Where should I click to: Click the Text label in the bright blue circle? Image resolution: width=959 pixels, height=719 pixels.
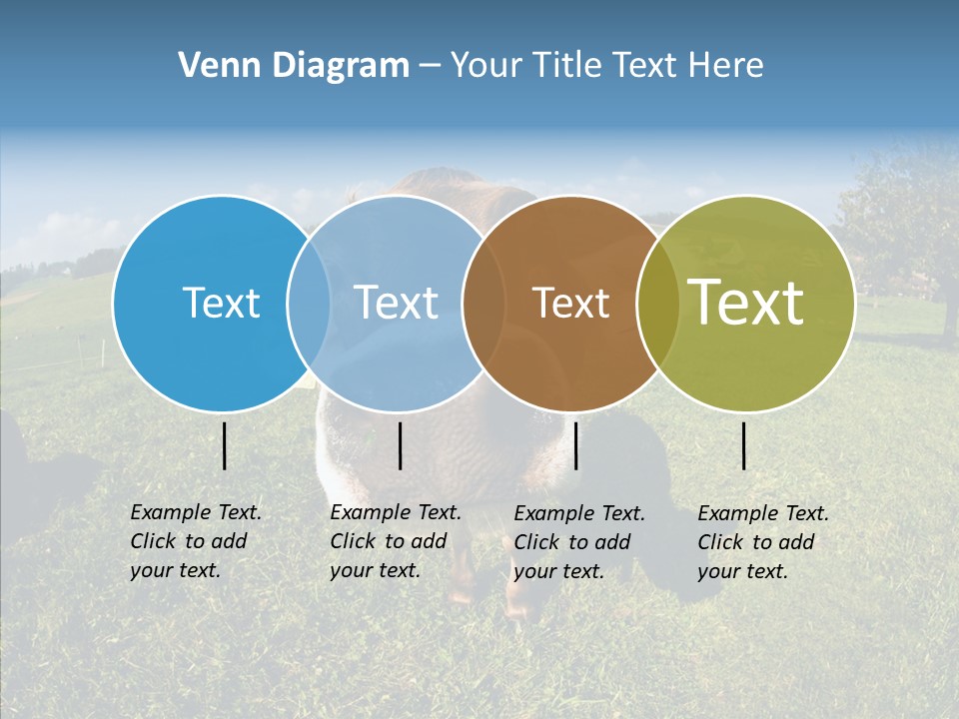[221, 303]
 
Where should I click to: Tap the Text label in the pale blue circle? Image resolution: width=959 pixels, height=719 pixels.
[396, 303]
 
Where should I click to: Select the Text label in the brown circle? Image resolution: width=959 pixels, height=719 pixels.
[570, 304]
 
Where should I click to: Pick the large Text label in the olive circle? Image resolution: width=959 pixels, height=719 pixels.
[745, 302]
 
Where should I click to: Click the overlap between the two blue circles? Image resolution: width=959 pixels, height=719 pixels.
[309, 304]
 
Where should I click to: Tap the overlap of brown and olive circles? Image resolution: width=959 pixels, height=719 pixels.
[657, 304]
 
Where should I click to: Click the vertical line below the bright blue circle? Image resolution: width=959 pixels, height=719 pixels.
[225, 445]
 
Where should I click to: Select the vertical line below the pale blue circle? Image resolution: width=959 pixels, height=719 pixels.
[400, 445]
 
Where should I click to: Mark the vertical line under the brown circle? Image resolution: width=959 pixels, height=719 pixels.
[575, 445]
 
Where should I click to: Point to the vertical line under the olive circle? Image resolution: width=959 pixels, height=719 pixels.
[744, 445]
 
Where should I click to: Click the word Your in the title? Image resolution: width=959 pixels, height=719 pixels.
[486, 66]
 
